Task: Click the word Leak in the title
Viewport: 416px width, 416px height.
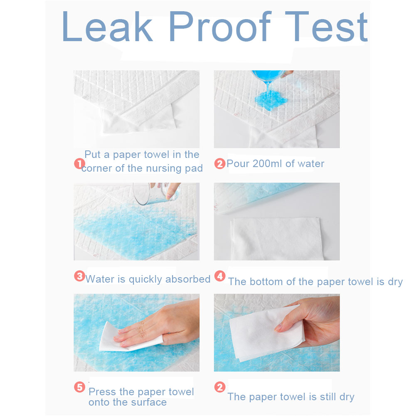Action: pyautogui.click(x=108, y=26)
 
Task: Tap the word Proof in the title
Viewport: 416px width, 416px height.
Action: pyautogui.click(x=220, y=26)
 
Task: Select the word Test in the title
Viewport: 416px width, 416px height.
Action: pyautogui.click(x=326, y=26)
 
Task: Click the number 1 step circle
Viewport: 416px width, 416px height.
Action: pyautogui.click(x=79, y=163)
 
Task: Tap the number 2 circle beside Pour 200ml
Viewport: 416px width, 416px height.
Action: pyautogui.click(x=220, y=163)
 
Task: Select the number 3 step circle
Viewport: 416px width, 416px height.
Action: pyautogui.click(x=79, y=276)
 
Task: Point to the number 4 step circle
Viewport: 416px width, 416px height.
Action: pyautogui.click(x=220, y=276)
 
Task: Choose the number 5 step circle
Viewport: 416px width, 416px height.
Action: pyautogui.click(x=79, y=387)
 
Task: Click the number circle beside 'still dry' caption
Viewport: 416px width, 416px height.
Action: pyautogui.click(x=220, y=387)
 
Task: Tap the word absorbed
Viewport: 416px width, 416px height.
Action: pyautogui.click(x=188, y=279)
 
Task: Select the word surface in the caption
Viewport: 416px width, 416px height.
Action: pyautogui.click(x=149, y=402)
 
